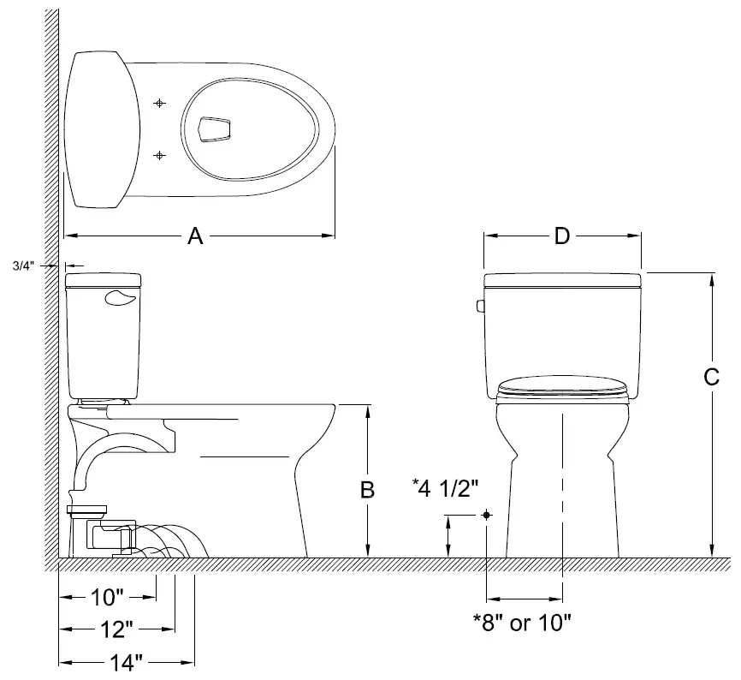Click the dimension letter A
point(195,237)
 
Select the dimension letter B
point(365,490)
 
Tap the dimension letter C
point(710,376)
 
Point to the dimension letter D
point(561,236)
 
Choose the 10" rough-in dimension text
point(108,596)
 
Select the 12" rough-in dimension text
point(116,629)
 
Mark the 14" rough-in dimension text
point(125,662)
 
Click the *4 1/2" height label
point(445,487)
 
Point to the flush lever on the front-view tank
point(480,306)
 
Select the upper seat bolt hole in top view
point(159,103)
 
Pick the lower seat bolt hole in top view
point(159,155)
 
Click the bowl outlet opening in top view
point(214,128)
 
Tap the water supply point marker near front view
point(486,515)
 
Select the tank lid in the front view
point(562,280)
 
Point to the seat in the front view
point(562,387)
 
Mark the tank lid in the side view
point(104,278)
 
